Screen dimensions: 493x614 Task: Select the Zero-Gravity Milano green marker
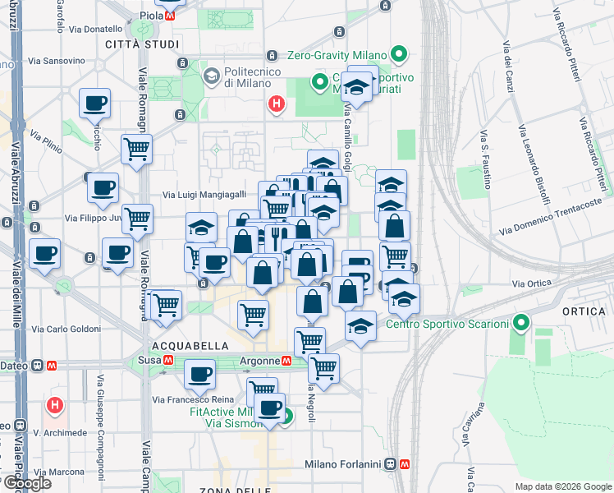point(400,56)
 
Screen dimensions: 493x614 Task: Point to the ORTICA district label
point(584,311)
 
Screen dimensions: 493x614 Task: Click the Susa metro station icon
point(168,361)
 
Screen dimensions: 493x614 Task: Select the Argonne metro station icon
point(287,361)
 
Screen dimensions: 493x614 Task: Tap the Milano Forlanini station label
point(345,464)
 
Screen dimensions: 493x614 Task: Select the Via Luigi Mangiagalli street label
point(204,195)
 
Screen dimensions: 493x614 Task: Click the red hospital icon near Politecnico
point(277,104)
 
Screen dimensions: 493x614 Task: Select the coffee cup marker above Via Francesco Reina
point(199,376)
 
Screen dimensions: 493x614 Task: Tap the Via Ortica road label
point(530,283)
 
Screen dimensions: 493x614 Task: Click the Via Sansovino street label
point(57,61)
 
